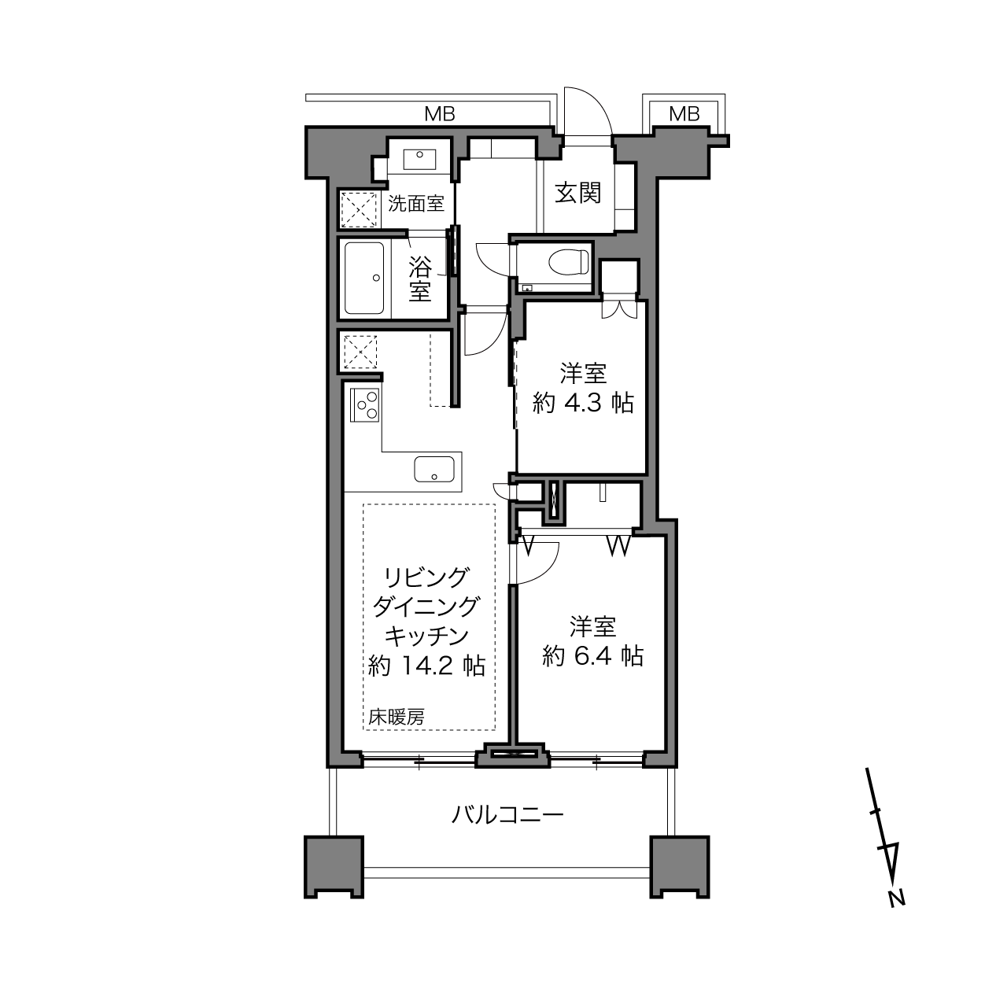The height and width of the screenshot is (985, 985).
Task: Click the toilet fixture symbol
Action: pyautogui.click(x=567, y=263)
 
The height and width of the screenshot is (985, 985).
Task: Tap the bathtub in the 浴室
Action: pyautogui.click(x=364, y=278)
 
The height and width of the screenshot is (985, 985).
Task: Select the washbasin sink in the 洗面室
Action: pyautogui.click(x=419, y=160)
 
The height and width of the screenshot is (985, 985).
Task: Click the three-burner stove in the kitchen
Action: pyautogui.click(x=364, y=405)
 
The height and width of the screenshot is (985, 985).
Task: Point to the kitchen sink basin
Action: pyautogui.click(x=434, y=469)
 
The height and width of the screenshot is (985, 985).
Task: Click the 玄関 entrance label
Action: pyautogui.click(x=578, y=193)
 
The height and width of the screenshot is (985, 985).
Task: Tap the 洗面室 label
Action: pyautogui.click(x=415, y=204)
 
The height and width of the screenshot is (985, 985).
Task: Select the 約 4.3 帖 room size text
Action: pyautogui.click(x=583, y=404)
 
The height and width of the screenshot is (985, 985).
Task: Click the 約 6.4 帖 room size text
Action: pyautogui.click(x=592, y=656)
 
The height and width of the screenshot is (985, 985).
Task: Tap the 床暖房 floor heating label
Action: pyautogui.click(x=397, y=718)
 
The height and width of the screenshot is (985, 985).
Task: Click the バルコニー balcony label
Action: pyautogui.click(x=507, y=814)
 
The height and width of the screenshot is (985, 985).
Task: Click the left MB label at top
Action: pyautogui.click(x=440, y=114)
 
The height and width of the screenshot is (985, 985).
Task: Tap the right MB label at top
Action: pyautogui.click(x=684, y=114)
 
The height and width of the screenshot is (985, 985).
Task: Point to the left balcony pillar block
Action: pyautogui.click(x=334, y=868)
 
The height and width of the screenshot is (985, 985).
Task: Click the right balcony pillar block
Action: pyautogui.click(x=679, y=868)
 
